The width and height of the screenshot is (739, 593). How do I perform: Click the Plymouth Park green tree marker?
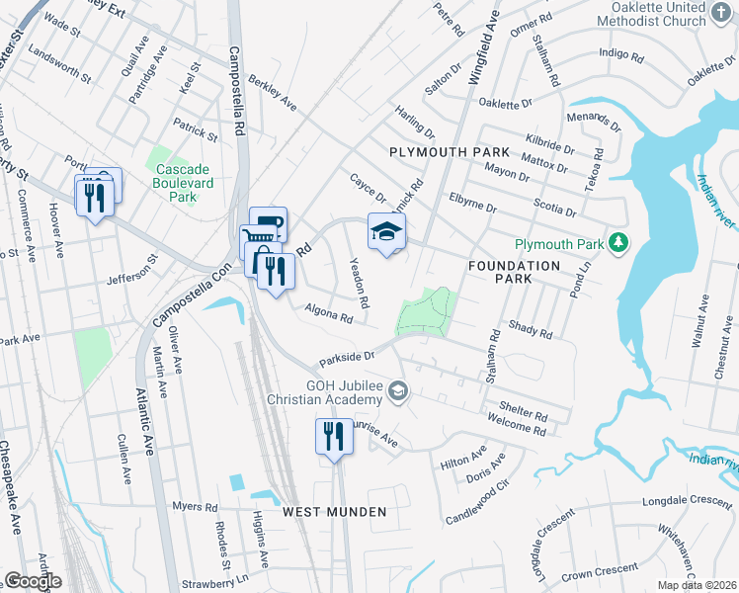(x=618, y=243)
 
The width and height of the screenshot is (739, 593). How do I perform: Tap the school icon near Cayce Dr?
(x=386, y=232)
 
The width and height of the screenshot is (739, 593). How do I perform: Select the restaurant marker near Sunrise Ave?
(x=334, y=436)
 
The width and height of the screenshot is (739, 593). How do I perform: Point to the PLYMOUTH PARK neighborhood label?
(x=450, y=152)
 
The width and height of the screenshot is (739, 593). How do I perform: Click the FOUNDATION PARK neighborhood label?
(x=514, y=273)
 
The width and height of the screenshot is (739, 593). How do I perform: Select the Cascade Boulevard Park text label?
(x=177, y=183)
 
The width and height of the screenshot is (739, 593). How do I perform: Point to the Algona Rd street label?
(x=328, y=314)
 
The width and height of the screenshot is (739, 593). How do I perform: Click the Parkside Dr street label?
(x=348, y=357)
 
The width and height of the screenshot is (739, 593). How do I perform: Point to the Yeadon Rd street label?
(x=359, y=282)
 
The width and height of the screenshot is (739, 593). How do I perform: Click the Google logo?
(x=33, y=581)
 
